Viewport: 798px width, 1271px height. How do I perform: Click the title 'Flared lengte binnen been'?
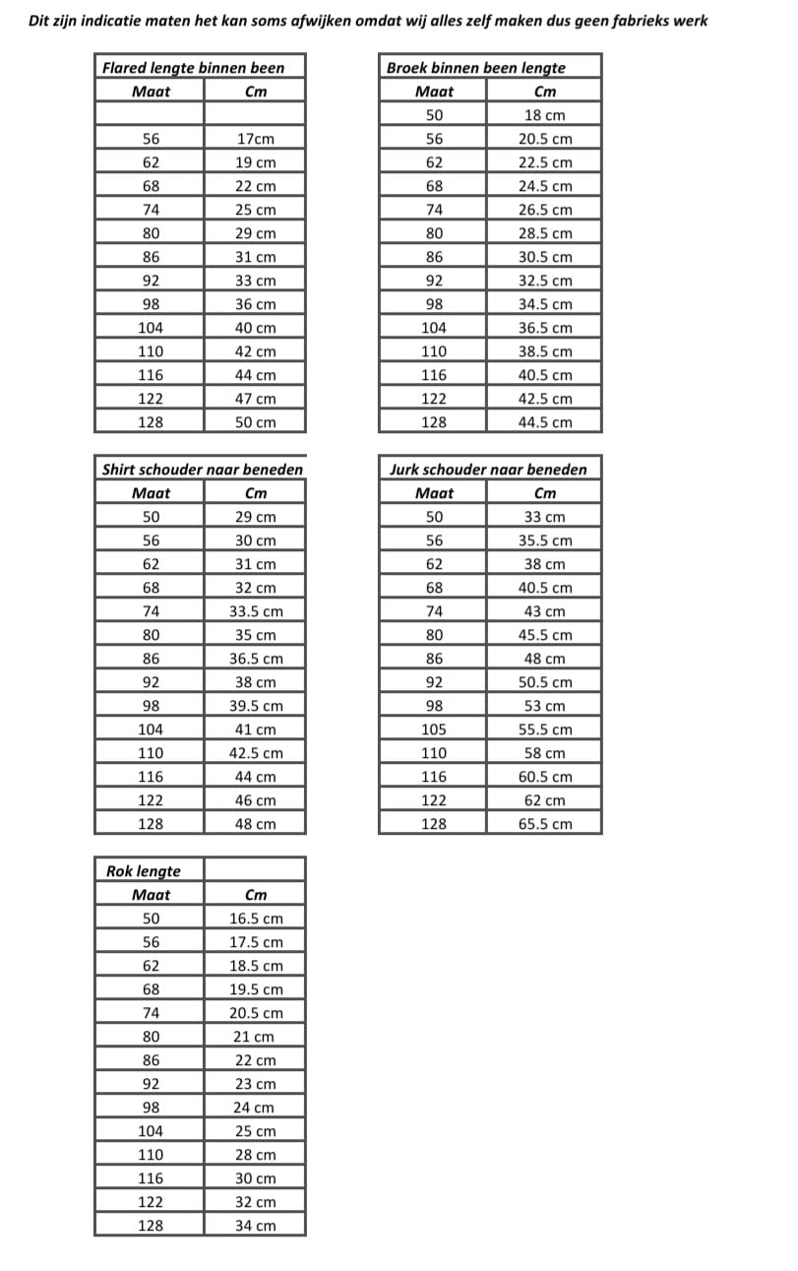193,68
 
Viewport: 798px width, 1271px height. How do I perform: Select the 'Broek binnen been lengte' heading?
476,68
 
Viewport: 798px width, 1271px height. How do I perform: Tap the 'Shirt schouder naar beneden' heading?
203,470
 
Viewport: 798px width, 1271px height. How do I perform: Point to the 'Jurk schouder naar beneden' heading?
488,470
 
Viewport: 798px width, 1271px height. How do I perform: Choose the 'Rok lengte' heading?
144,871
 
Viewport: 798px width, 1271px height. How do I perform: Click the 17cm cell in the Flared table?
255,139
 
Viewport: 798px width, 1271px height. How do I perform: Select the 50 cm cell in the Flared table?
255,422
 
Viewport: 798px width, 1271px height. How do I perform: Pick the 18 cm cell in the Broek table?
545,115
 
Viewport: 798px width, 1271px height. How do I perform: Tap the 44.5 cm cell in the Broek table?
545,422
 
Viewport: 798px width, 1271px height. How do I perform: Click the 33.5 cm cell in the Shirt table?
255,611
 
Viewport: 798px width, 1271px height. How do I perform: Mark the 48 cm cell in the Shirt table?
255,824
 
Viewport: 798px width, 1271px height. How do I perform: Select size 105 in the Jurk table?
433,730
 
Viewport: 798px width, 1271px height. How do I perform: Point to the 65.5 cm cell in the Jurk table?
545,824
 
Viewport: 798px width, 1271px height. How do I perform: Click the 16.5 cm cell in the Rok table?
255,919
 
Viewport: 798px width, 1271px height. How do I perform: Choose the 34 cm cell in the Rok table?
255,1226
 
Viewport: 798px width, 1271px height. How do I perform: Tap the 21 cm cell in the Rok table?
255,1037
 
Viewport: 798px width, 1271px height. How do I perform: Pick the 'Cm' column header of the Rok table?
255,895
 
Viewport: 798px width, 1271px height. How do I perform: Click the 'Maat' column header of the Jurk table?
434,493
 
